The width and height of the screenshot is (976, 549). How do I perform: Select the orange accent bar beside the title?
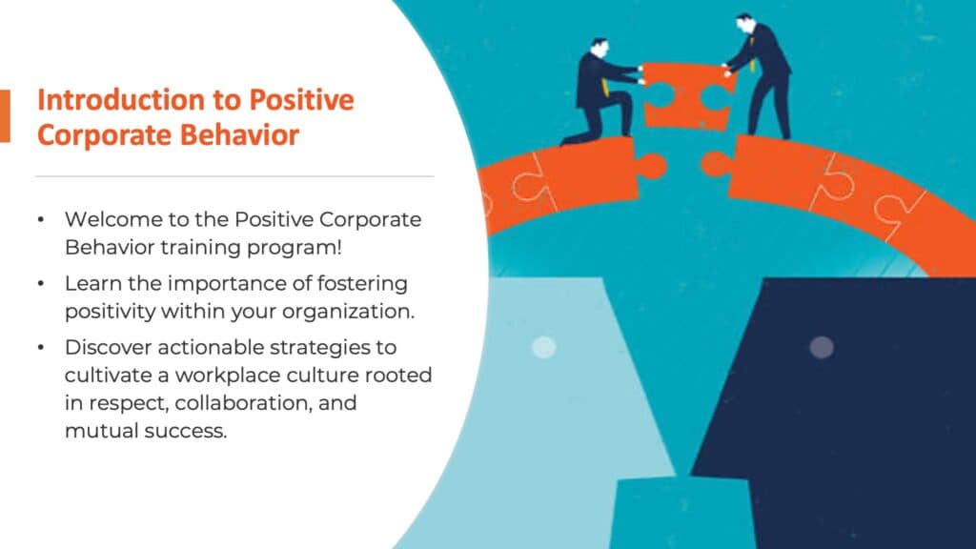(5, 116)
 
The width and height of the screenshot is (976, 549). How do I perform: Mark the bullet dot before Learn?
(40, 284)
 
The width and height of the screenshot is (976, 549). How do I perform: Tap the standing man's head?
(744, 23)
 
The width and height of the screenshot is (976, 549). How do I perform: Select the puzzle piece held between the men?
(685, 92)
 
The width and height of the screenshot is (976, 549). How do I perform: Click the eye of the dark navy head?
(821, 347)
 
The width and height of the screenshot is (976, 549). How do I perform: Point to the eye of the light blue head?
(543, 347)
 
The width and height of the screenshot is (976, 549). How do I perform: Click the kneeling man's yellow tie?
(605, 90)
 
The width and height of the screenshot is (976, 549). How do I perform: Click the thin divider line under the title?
(234, 176)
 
